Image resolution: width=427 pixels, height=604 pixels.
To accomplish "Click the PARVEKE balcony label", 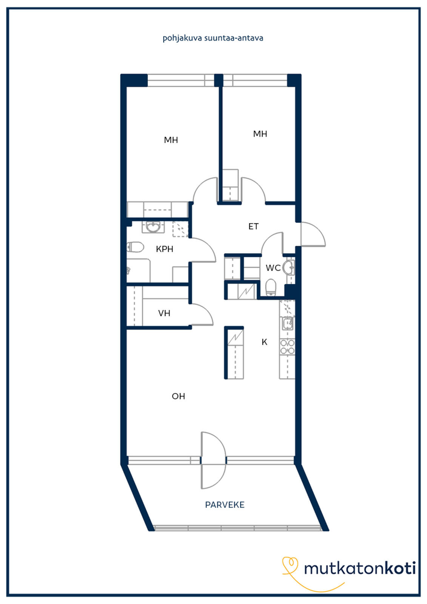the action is click(x=225, y=505).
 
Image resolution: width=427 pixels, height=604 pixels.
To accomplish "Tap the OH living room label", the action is click(x=178, y=396).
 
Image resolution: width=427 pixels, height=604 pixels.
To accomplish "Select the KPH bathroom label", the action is click(x=165, y=249).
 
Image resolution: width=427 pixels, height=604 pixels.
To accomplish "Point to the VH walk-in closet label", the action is click(x=164, y=313).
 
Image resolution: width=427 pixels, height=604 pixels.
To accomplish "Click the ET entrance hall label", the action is click(x=253, y=226).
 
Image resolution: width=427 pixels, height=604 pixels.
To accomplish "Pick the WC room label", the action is click(x=273, y=268).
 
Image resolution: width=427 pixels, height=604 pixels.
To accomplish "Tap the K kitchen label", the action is click(x=264, y=342).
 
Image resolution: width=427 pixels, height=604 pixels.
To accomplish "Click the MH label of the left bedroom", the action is click(x=171, y=140).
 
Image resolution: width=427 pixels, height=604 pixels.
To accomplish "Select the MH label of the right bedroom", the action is click(x=260, y=134).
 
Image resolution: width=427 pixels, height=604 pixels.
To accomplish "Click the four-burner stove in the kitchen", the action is click(x=287, y=347).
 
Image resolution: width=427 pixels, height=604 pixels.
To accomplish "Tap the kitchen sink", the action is click(x=288, y=323).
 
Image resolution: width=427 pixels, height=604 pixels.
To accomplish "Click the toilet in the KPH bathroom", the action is click(x=135, y=247).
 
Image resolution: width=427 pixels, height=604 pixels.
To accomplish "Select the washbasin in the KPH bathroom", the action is click(x=153, y=227).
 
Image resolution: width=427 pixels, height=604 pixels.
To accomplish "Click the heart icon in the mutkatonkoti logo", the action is click(x=290, y=564).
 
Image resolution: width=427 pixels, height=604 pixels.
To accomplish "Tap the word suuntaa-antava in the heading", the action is click(x=234, y=38).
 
